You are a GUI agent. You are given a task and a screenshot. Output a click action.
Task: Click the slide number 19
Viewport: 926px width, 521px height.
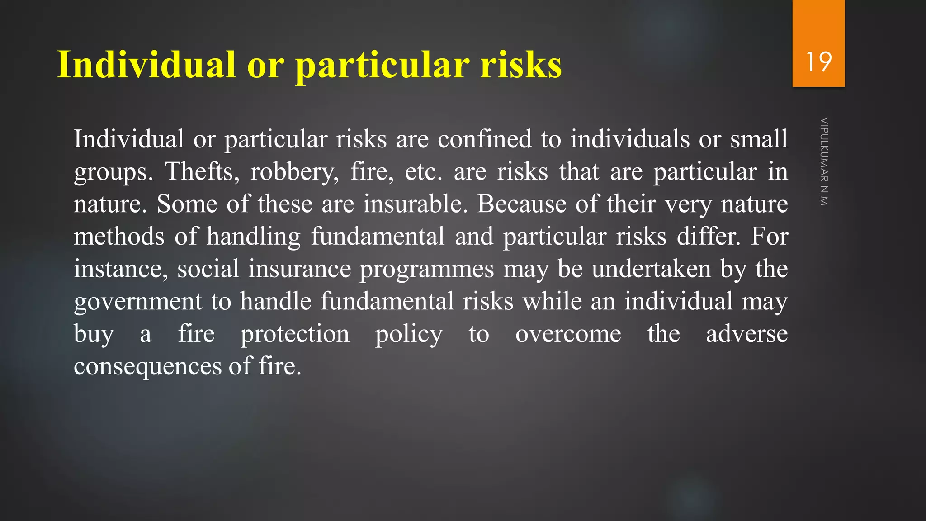tap(818, 62)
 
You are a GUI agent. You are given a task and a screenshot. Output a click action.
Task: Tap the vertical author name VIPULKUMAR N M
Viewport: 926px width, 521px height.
tap(824, 161)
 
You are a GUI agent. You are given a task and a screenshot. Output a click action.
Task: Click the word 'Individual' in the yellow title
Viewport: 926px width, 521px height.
tap(146, 64)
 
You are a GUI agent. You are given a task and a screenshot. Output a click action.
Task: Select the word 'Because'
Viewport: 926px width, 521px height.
tap(521, 204)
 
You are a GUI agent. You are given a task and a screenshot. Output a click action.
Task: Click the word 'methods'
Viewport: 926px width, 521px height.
tap(119, 236)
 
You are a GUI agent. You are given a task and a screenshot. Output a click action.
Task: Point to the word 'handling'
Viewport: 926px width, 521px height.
tap(254, 236)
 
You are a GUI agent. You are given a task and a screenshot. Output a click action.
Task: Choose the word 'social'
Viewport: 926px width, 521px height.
tap(208, 269)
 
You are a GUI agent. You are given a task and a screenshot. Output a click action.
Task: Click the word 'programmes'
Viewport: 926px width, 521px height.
tap(426, 269)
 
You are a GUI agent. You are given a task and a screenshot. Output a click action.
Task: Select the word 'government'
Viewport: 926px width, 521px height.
tap(138, 302)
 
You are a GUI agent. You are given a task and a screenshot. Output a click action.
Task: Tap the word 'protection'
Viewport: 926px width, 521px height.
tap(295, 334)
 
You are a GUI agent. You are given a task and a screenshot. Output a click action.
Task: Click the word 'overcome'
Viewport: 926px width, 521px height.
tap(568, 334)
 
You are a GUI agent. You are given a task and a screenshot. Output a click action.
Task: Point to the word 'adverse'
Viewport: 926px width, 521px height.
tap(746, 334)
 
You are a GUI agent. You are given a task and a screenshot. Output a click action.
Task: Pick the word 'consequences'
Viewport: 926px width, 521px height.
tap(147, 366)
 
